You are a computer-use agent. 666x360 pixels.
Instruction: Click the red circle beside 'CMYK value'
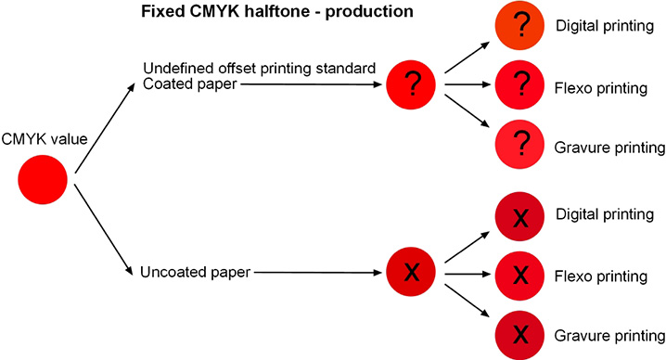pyautogui.click(x=43, y=182)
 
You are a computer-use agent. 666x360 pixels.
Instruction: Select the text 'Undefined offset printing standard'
pyautogui.click(x=259, y=70)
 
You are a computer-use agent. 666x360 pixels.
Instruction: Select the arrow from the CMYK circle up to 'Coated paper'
pyautogui.click(x=102, y=126)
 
